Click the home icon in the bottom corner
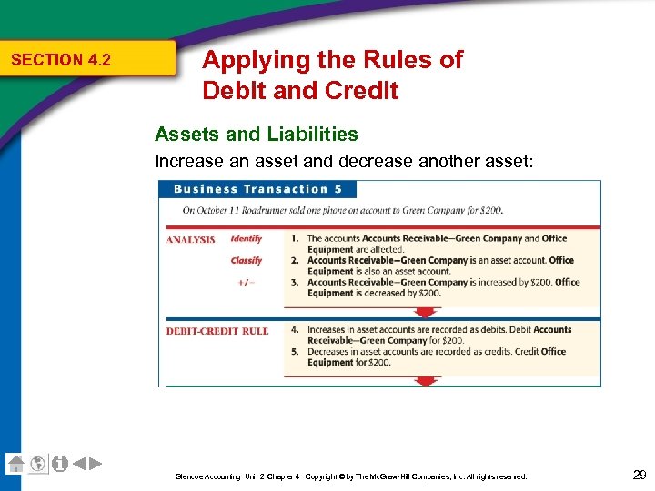click(15, 463)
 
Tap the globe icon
click(37, 463)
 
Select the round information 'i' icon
click(59, 463)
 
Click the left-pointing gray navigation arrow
click(79, 463)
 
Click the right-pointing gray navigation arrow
click(95, 463)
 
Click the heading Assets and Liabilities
click(256, 135)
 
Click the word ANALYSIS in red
click(190, 240)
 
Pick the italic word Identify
click(246, 239)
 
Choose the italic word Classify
click(246, 261)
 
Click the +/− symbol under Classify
click(246, 282)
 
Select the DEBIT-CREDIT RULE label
click(217, 331)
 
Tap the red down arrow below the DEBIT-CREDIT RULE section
click(425, 382)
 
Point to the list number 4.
click(295, 330)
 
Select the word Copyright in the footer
click(325, 476)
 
